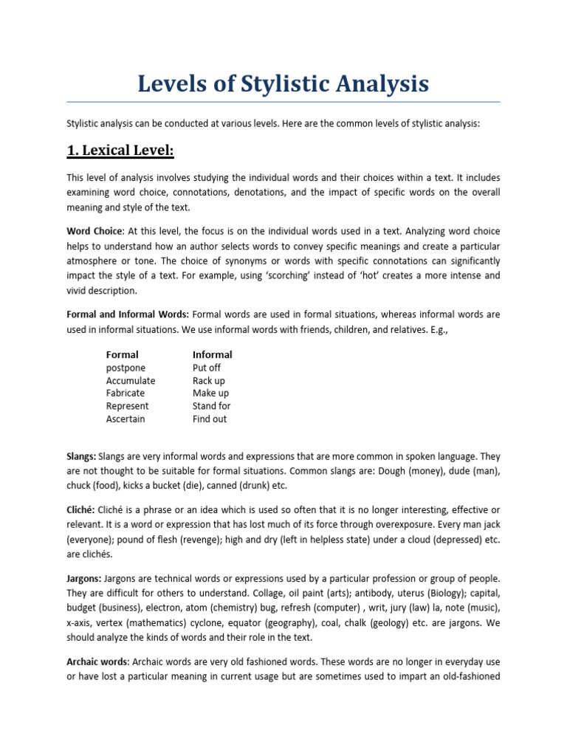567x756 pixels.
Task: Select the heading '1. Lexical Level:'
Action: tap(120, 151)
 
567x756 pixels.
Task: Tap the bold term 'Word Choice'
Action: tap(94, 232)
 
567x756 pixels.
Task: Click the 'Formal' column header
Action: tap(122, 354)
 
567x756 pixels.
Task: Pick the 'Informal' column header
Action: tap(212, 354)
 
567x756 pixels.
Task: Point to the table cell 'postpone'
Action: tap(126, 368)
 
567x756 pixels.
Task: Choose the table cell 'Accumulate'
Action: tap(131, 380)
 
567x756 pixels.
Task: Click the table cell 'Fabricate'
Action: tap(126, 393)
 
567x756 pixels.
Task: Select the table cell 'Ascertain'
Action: tap(126, 419)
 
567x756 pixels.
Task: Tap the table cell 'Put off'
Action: tap(207, 368)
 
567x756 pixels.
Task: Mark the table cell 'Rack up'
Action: tap(209, 380)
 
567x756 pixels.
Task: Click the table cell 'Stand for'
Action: tap(212, 406)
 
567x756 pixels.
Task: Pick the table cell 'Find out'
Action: tap(210, 419)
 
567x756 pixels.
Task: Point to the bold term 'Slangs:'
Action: tap(81, 457)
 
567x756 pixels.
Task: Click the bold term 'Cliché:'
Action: tap(82, 511)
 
